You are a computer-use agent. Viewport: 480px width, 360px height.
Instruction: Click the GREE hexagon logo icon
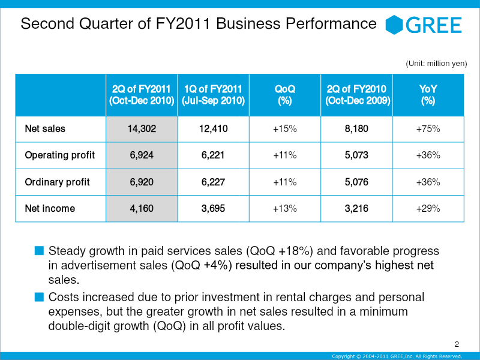(394, 25)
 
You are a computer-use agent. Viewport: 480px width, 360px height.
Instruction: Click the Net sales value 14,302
(142, 129)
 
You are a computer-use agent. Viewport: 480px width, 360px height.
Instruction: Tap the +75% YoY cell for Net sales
(428, 129)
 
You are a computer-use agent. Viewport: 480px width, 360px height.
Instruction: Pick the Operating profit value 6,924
(142, 155)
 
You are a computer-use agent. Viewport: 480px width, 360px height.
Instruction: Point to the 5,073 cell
(356, 155)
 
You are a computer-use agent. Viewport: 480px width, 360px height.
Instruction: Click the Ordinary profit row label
(57, 182)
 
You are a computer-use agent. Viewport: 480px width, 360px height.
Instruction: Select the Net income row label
(50, 209)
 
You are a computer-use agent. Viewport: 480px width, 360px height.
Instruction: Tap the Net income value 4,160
(142, 209)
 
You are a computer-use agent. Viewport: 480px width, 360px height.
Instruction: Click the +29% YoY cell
(428, 209)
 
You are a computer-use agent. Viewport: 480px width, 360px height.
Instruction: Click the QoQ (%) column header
(284, 95)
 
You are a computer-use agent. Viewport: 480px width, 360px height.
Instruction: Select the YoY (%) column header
(428, 95)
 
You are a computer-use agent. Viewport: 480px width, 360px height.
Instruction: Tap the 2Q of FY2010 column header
(358, 95)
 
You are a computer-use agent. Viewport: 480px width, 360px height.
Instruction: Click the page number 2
(457, 344)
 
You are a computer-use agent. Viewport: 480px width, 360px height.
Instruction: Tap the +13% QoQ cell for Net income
(284, 209)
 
